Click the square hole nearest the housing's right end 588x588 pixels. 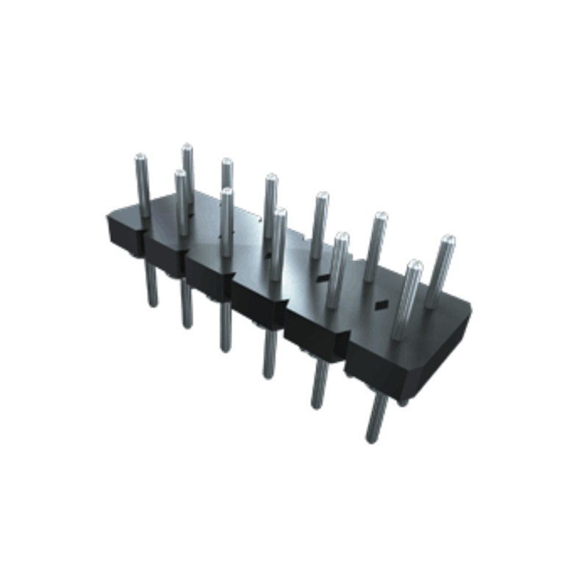(381, 304)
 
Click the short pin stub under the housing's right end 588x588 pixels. (403, 401)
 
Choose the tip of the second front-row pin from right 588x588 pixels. (341, 237)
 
